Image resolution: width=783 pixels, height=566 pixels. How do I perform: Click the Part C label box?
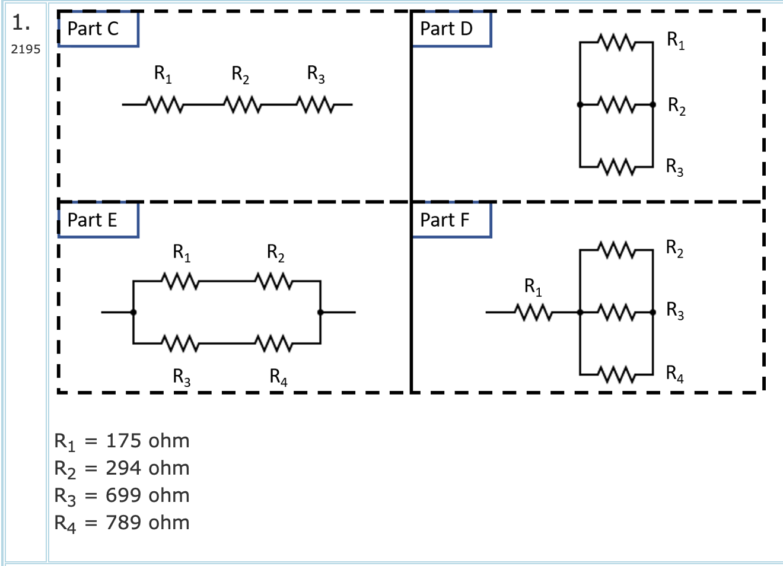pos(98,28)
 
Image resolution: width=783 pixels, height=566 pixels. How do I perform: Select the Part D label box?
pos(451,28)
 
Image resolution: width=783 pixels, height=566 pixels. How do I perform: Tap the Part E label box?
pos(98,220)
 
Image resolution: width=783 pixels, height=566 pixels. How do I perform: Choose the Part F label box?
pos(451,220)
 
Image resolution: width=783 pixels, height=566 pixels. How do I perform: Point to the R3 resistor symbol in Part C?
pos(317,105)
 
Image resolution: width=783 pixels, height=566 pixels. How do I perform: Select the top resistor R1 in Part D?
pos(617,43)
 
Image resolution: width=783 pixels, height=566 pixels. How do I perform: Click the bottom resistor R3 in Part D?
pos(617,167)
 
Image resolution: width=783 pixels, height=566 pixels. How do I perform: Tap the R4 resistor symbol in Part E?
pos(273,343)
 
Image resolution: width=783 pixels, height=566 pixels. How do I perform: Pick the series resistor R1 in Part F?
pos(533,312)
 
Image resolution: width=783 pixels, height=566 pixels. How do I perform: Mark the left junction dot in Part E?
pos(133,312)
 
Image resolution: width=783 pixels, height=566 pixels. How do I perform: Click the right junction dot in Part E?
pos(320,312)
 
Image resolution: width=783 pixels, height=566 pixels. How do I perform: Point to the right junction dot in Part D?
pos(653,105)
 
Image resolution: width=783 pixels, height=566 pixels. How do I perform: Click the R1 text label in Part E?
pos(182,253)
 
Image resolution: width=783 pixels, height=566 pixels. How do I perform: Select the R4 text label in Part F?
pos(674,373)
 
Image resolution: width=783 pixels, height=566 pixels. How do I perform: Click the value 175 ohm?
pos(147,441)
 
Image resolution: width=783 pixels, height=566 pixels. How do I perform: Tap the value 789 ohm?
pos(147,523)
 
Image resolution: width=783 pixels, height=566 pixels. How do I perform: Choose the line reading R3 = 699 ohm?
pos(122,495)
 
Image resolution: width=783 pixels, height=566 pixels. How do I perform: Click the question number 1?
pos(21,23)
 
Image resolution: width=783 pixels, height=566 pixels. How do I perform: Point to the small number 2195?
pos(26,49)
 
